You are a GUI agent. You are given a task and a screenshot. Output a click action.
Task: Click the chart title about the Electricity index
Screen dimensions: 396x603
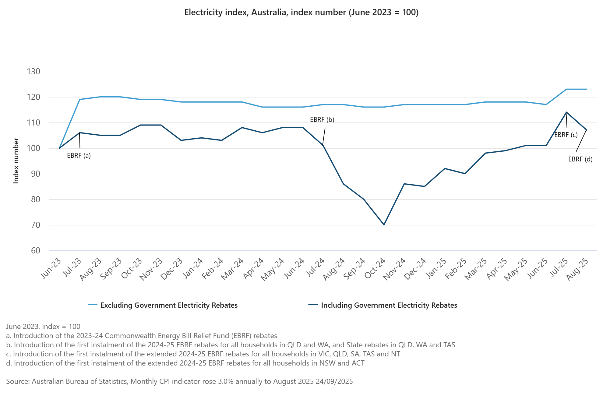click(301, 12)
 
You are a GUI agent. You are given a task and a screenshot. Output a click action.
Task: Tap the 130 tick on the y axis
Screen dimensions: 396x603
click(33, 72)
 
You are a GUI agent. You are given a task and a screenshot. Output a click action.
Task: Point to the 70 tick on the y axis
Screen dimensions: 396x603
click(33, 225)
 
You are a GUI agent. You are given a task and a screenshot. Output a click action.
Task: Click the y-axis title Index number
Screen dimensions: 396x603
click(16, 161)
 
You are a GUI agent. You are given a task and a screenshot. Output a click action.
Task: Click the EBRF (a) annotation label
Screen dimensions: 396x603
click(79, 156)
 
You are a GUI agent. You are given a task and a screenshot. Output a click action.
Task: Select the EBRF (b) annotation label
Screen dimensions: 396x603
click(322, 120)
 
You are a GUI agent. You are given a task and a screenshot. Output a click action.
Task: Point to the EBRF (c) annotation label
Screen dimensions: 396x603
click(566, 135)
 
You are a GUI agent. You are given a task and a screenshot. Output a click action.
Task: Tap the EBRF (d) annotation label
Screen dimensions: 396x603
click(580, 159)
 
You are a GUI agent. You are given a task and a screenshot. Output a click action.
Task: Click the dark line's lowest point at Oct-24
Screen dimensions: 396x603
click(384, 225)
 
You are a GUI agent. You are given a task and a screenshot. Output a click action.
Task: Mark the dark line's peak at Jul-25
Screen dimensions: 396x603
click(566, 112)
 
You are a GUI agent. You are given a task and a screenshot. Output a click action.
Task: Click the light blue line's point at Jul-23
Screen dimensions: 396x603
click(79, 99)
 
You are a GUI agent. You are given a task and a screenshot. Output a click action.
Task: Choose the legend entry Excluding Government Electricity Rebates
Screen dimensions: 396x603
click(169, 305)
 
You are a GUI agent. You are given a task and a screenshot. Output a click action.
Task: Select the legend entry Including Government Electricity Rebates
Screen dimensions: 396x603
click(389, 305)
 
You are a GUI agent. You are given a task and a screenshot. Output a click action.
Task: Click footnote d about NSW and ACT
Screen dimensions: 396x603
click(185, 363)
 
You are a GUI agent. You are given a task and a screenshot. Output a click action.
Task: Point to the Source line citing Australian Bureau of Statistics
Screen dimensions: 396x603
click(179, 381)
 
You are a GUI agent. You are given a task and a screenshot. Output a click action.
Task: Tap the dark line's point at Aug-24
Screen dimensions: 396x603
click(344, 184)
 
